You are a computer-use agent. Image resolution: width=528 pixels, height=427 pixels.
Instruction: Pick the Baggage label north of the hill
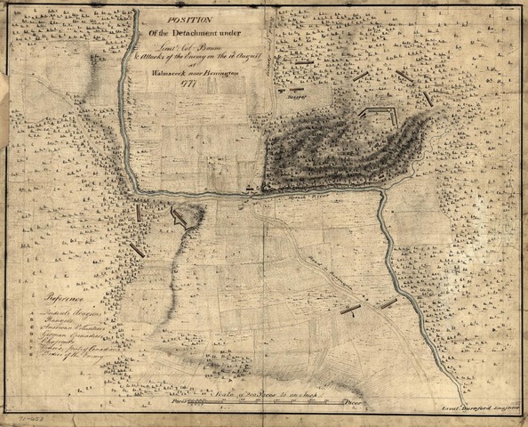(295, 99)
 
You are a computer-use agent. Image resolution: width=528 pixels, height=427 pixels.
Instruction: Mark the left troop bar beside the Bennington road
(350, 310)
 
